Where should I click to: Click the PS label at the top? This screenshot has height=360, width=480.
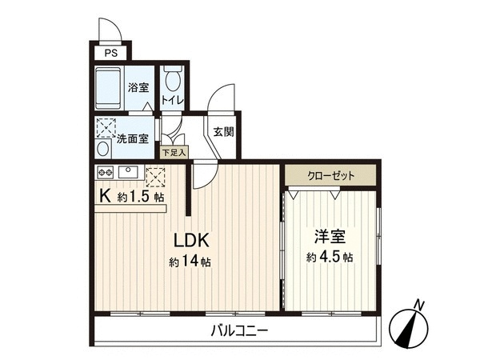pyautogui.click(x=111, y=54)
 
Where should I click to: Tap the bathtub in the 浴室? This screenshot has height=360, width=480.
pyautogui.click(x=109, y=88)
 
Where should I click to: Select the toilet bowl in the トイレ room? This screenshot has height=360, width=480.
pyautogui.click(x=173, y=78)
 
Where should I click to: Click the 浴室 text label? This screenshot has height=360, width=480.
pyautogui.click(x=138, y=87)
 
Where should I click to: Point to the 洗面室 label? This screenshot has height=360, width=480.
pyautogui.click(x=133, y=138)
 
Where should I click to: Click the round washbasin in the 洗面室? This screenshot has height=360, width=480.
pyautogui.click(x=104, y=149)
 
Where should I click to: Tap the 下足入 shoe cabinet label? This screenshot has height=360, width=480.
pyautogui.click(x=174, y=152)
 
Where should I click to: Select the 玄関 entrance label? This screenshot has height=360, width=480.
pyautogui.click(x=224, y=132)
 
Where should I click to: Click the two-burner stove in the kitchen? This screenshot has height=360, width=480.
pyautogui.click(x=106, y=173)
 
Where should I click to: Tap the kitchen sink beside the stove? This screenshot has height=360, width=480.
pyautogui.click(x=129, y=172)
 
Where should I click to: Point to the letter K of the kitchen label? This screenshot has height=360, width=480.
pyautogui.click(x=106, y=196)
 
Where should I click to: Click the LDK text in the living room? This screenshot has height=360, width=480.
pyautogui.click(x=191, y=240)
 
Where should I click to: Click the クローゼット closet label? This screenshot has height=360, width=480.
pyautogui.click(x=330, y=175)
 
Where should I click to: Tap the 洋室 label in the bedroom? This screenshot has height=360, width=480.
pyautogui.click(x=330, y=236)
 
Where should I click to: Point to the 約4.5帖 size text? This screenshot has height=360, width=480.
pyautogui.click(x=330, y=257)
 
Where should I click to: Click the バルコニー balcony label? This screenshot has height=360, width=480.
pyautogui.click(x=240, y=330)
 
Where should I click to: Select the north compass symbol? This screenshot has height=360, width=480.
pyautogui.click(x=408, y=327)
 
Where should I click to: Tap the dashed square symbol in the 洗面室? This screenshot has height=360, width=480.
pyautogui.click(x=106, y=128)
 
